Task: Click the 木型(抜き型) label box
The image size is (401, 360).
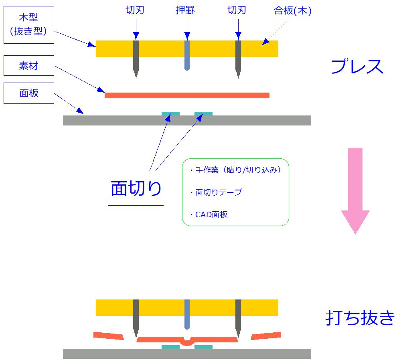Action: [28, 25]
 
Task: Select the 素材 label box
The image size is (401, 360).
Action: [28, 65]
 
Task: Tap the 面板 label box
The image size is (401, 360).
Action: [28, 93]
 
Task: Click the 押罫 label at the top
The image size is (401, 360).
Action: [185, 10]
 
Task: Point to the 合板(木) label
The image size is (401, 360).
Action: [293, 11]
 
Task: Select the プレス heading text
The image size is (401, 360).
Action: [357, 67]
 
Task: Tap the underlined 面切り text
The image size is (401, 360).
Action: [136, 188]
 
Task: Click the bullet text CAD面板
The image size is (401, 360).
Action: [211, 214]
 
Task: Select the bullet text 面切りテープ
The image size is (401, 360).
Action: [219, 192]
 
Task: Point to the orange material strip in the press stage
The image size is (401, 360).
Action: [187, 95]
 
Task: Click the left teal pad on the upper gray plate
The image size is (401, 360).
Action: [170, 114]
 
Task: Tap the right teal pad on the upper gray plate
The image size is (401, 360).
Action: [203, 114]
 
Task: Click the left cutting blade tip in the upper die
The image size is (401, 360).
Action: [136, 74]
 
